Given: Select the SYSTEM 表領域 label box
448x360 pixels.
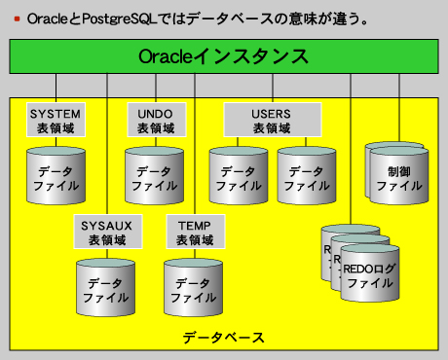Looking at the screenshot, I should (x=56, y=120).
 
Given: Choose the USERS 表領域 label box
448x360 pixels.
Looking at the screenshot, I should (x=273, y=120).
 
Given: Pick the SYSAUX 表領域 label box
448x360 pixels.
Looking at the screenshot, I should (x=107, y=232).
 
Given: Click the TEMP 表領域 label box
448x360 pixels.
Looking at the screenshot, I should (x=195, y=232).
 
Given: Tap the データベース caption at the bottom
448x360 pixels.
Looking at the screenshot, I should (x=223, y=338).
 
